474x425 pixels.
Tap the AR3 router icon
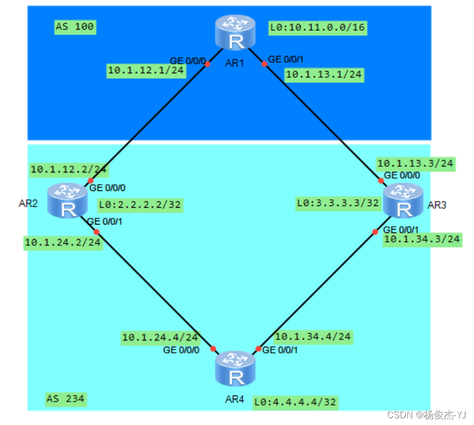(403, 201)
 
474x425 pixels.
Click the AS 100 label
(75, 26)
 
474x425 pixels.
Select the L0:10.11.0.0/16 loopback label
(317, 27)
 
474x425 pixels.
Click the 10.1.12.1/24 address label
(146, 71)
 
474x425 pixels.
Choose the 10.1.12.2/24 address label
(69, 169)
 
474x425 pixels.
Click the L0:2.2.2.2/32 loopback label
(140, 205)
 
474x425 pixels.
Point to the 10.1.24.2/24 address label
(63, 242)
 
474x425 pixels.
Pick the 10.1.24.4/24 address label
(160, 337)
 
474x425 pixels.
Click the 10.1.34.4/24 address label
(313, 337)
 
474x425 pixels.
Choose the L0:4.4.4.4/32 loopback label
(296, 401)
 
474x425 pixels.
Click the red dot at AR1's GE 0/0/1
(265, 64)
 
